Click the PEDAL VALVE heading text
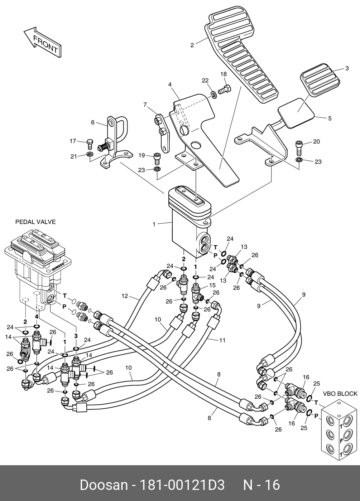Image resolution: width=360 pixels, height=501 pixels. click(35, 222)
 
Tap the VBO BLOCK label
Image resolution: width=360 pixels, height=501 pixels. click(340, 394)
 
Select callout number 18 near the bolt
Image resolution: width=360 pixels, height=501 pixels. click(224, 74)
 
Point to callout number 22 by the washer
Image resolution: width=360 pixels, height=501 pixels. click(205, 81)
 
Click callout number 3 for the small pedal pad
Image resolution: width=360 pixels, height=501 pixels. click(346, 68)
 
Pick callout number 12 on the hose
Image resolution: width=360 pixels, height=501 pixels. click(124, 296)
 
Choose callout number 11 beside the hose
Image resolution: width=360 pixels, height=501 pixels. click(222, 340)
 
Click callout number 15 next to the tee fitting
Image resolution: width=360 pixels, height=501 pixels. click(212, 285)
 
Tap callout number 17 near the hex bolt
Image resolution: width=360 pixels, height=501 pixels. click(73, 141)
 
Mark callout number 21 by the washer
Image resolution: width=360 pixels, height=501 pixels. click(74, 156)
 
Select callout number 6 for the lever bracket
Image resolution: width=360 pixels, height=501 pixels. click(93, 122)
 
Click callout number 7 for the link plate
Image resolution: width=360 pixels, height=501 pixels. click(145, 105)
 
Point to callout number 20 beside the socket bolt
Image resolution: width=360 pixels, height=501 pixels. click(316, 142)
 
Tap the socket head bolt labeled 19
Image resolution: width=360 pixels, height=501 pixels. click(157, 158)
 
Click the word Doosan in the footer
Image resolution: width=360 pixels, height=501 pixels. click(104, 485)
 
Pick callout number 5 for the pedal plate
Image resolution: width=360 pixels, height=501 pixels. click(330, 118)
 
